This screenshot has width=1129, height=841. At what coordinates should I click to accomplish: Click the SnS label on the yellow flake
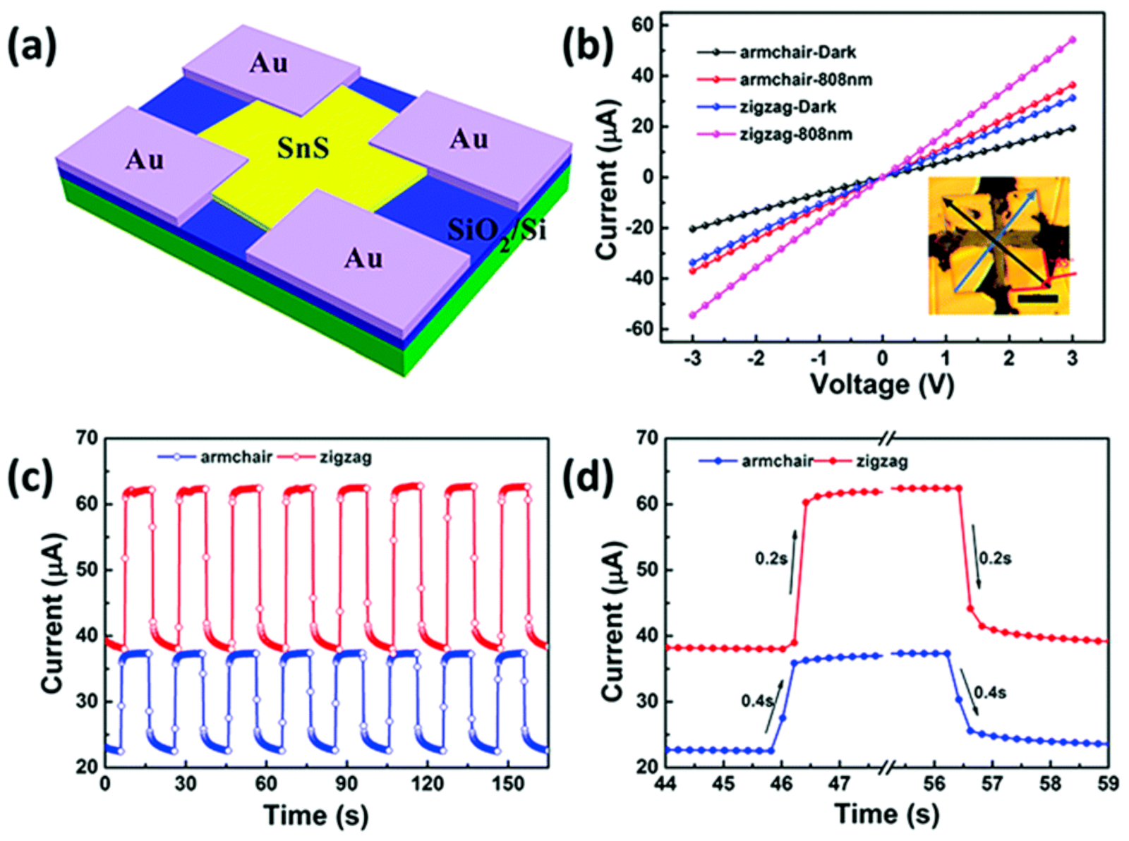(303, 149)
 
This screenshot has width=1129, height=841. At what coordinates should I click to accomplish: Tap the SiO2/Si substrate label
(497, 229)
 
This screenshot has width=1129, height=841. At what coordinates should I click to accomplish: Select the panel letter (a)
(32, 47)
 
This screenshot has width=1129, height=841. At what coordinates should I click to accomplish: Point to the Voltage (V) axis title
(881, 385)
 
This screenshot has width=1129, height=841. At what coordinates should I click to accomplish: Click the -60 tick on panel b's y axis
(639, 329)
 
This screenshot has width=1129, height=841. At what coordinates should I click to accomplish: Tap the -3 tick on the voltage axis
(693, 359)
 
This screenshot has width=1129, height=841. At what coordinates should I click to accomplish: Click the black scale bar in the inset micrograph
(1037, 299)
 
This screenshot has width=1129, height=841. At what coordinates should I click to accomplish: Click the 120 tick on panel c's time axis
(428, 785)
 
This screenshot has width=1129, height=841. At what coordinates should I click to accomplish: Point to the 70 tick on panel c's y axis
(86, 438)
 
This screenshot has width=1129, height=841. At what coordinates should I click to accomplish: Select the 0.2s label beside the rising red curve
(771, 559)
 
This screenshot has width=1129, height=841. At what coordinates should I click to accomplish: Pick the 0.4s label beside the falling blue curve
(989, 693)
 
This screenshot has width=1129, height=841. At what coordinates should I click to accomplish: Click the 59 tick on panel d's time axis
(1108, 785)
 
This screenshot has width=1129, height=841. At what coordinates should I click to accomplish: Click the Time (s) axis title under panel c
(316, 815)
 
